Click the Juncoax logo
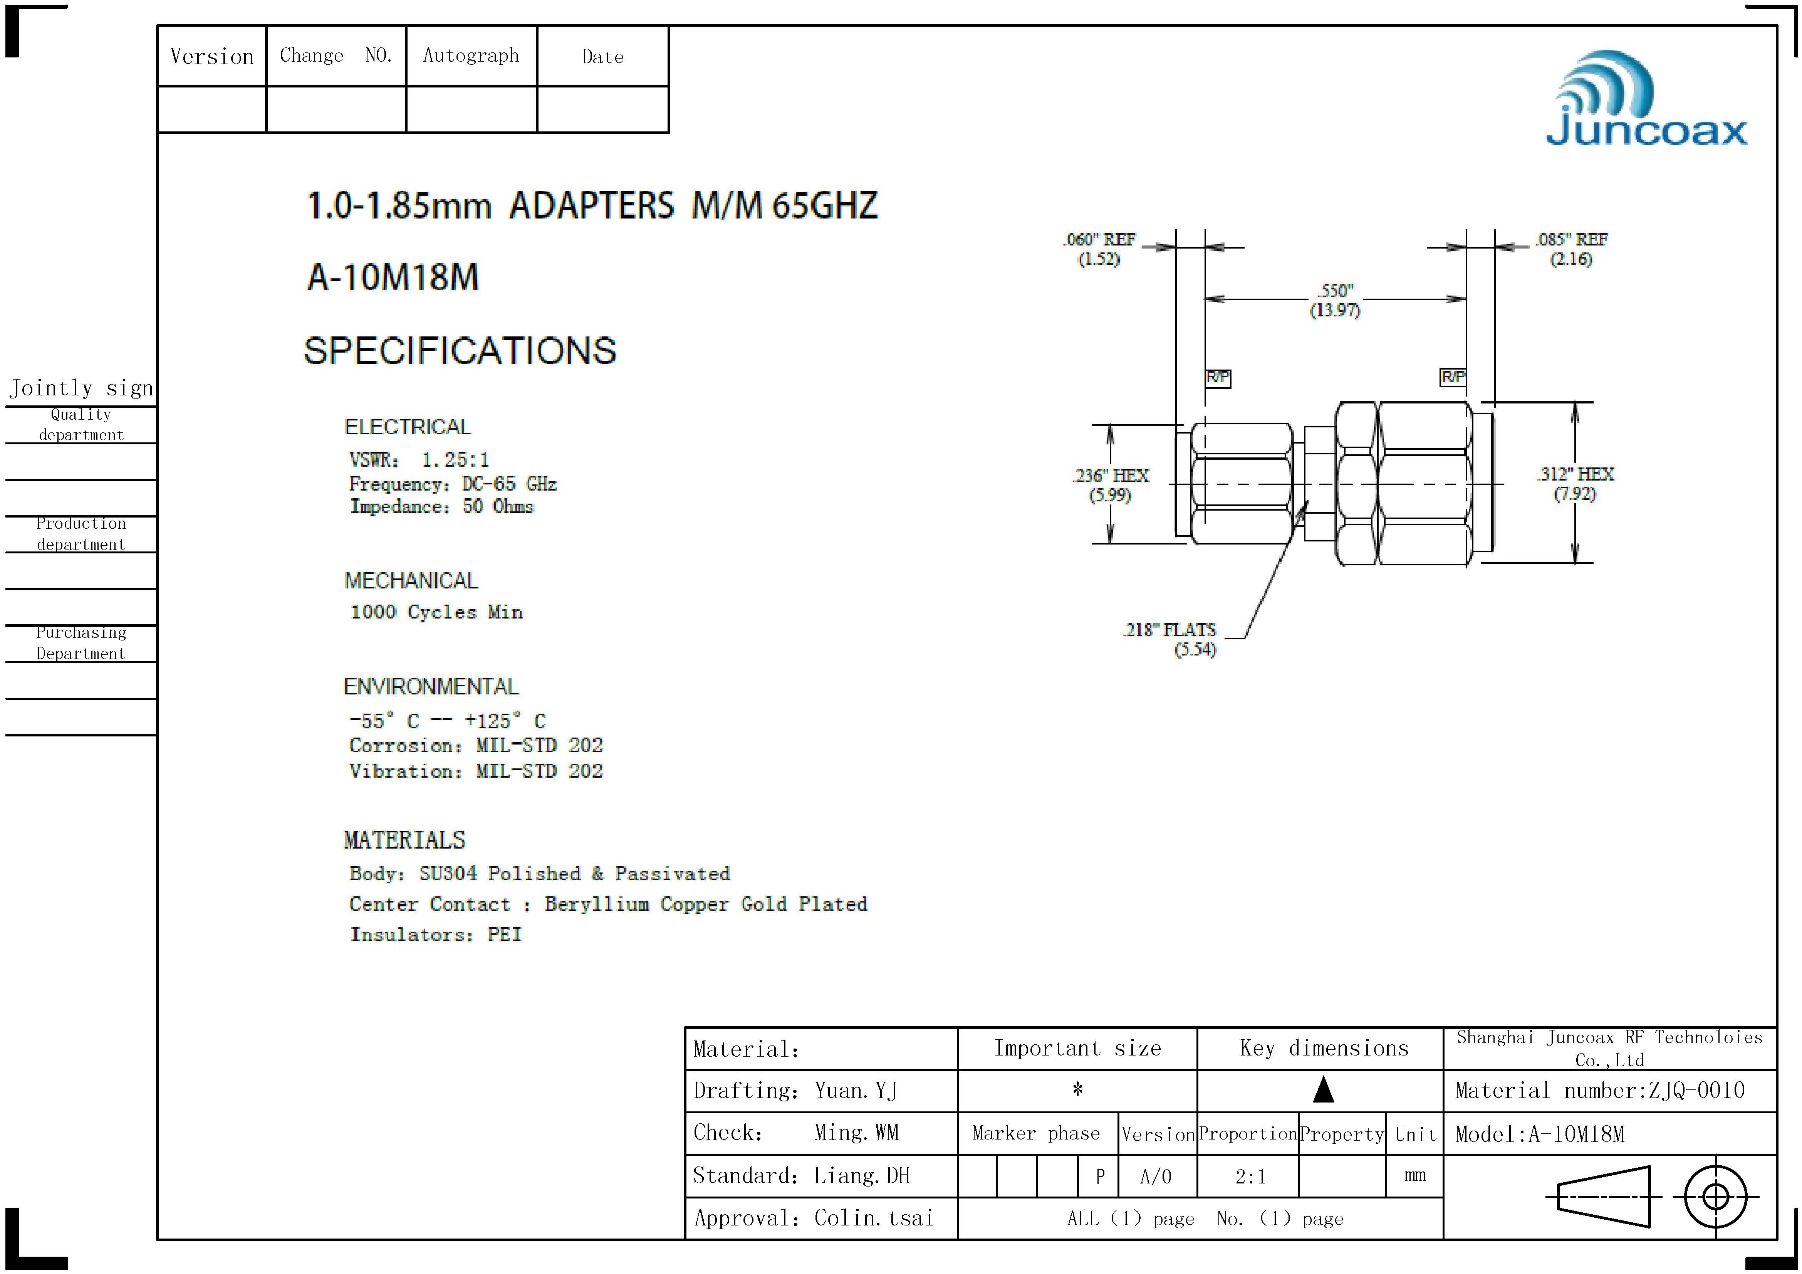[x=1647, y=101]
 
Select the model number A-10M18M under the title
[x=393, y=277]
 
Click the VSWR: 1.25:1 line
[x=419, y=459]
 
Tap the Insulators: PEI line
[x=436, y=934]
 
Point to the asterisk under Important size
[x=1077, y=1089]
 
